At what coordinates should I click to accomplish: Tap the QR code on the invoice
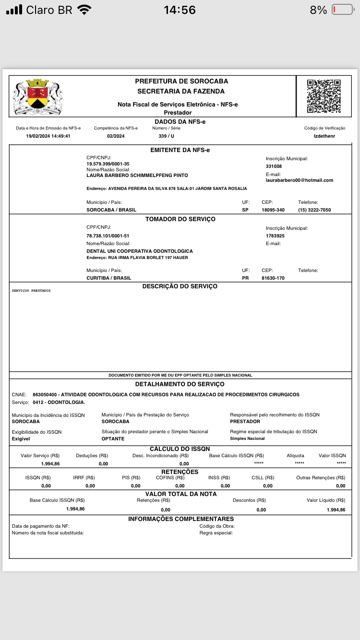point(324,95)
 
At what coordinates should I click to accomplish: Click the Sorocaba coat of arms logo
point(37,96)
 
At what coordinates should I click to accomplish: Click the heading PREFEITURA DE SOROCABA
point(181,81)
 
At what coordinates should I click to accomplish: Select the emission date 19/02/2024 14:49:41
point(48,136)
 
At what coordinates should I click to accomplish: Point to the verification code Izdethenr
point(324,136)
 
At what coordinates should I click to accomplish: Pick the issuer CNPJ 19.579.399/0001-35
point(108,164)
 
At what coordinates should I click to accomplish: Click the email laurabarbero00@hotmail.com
point(300,180)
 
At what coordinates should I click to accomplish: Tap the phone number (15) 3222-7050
point(314,210)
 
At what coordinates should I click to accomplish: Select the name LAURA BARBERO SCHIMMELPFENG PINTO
point(137,176)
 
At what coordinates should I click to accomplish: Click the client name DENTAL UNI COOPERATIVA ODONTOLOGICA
point(140,251)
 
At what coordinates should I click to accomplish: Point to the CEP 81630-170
point(273,278)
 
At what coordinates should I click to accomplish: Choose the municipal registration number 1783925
point(276,236)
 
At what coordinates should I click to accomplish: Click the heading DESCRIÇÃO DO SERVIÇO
point(180,286)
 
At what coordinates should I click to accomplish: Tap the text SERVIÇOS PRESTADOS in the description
point(31,291)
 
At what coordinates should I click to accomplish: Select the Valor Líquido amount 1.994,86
point(336,510)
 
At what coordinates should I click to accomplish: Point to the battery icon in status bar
point(342,10)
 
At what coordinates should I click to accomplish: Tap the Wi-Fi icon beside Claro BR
point(84,10)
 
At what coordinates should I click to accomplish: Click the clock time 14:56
point(180,10)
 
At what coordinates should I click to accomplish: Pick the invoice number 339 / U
point(166,136)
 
